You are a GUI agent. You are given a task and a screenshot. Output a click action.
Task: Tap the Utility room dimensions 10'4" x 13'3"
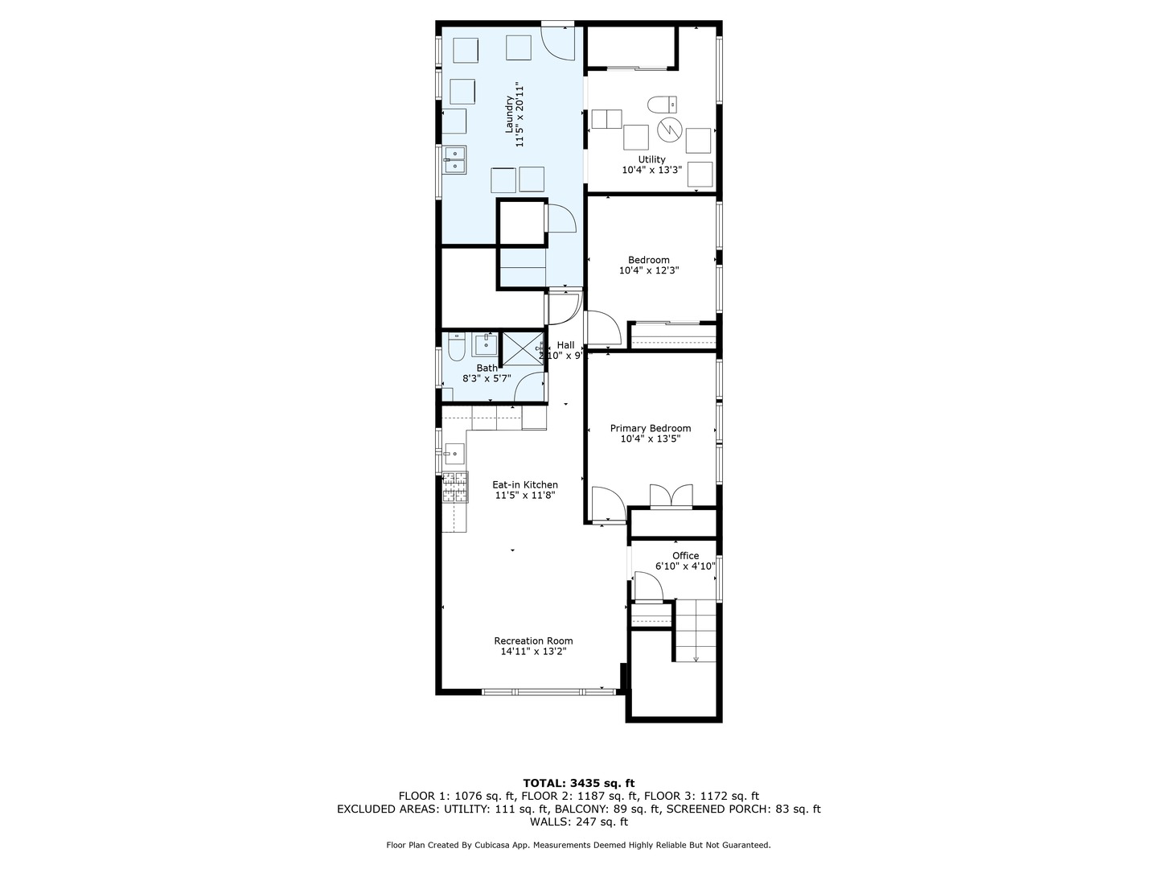pos(651,170)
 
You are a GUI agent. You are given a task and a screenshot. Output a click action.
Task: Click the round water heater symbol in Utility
pos(669,128)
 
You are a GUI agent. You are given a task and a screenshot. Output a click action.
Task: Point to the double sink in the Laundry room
pos(454,159)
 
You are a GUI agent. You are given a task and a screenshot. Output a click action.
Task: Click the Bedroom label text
pos(648,260)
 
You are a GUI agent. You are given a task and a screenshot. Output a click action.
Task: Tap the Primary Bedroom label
pos(650,428)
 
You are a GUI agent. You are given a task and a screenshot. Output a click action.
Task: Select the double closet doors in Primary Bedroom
pos(671,496)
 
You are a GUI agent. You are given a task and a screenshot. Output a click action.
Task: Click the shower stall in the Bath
pos(522,347)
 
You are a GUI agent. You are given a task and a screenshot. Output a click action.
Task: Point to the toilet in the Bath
pos(456,348)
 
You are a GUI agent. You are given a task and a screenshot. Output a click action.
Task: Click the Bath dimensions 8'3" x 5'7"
pos(487,378)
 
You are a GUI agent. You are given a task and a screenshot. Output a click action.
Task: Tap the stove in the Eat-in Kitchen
pos(454,488)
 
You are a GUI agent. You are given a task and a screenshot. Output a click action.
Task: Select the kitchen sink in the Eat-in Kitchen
pos(454,454)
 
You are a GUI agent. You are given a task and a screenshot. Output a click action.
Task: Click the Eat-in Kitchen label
pos(525,484)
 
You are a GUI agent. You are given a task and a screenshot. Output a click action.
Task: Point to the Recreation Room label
pos(533,640)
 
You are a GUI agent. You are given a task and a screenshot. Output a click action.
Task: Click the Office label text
pos(685,555)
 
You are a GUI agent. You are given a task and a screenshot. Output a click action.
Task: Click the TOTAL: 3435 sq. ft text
pos(578,782)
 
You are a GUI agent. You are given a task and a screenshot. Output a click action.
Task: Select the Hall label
pos(565,345)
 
